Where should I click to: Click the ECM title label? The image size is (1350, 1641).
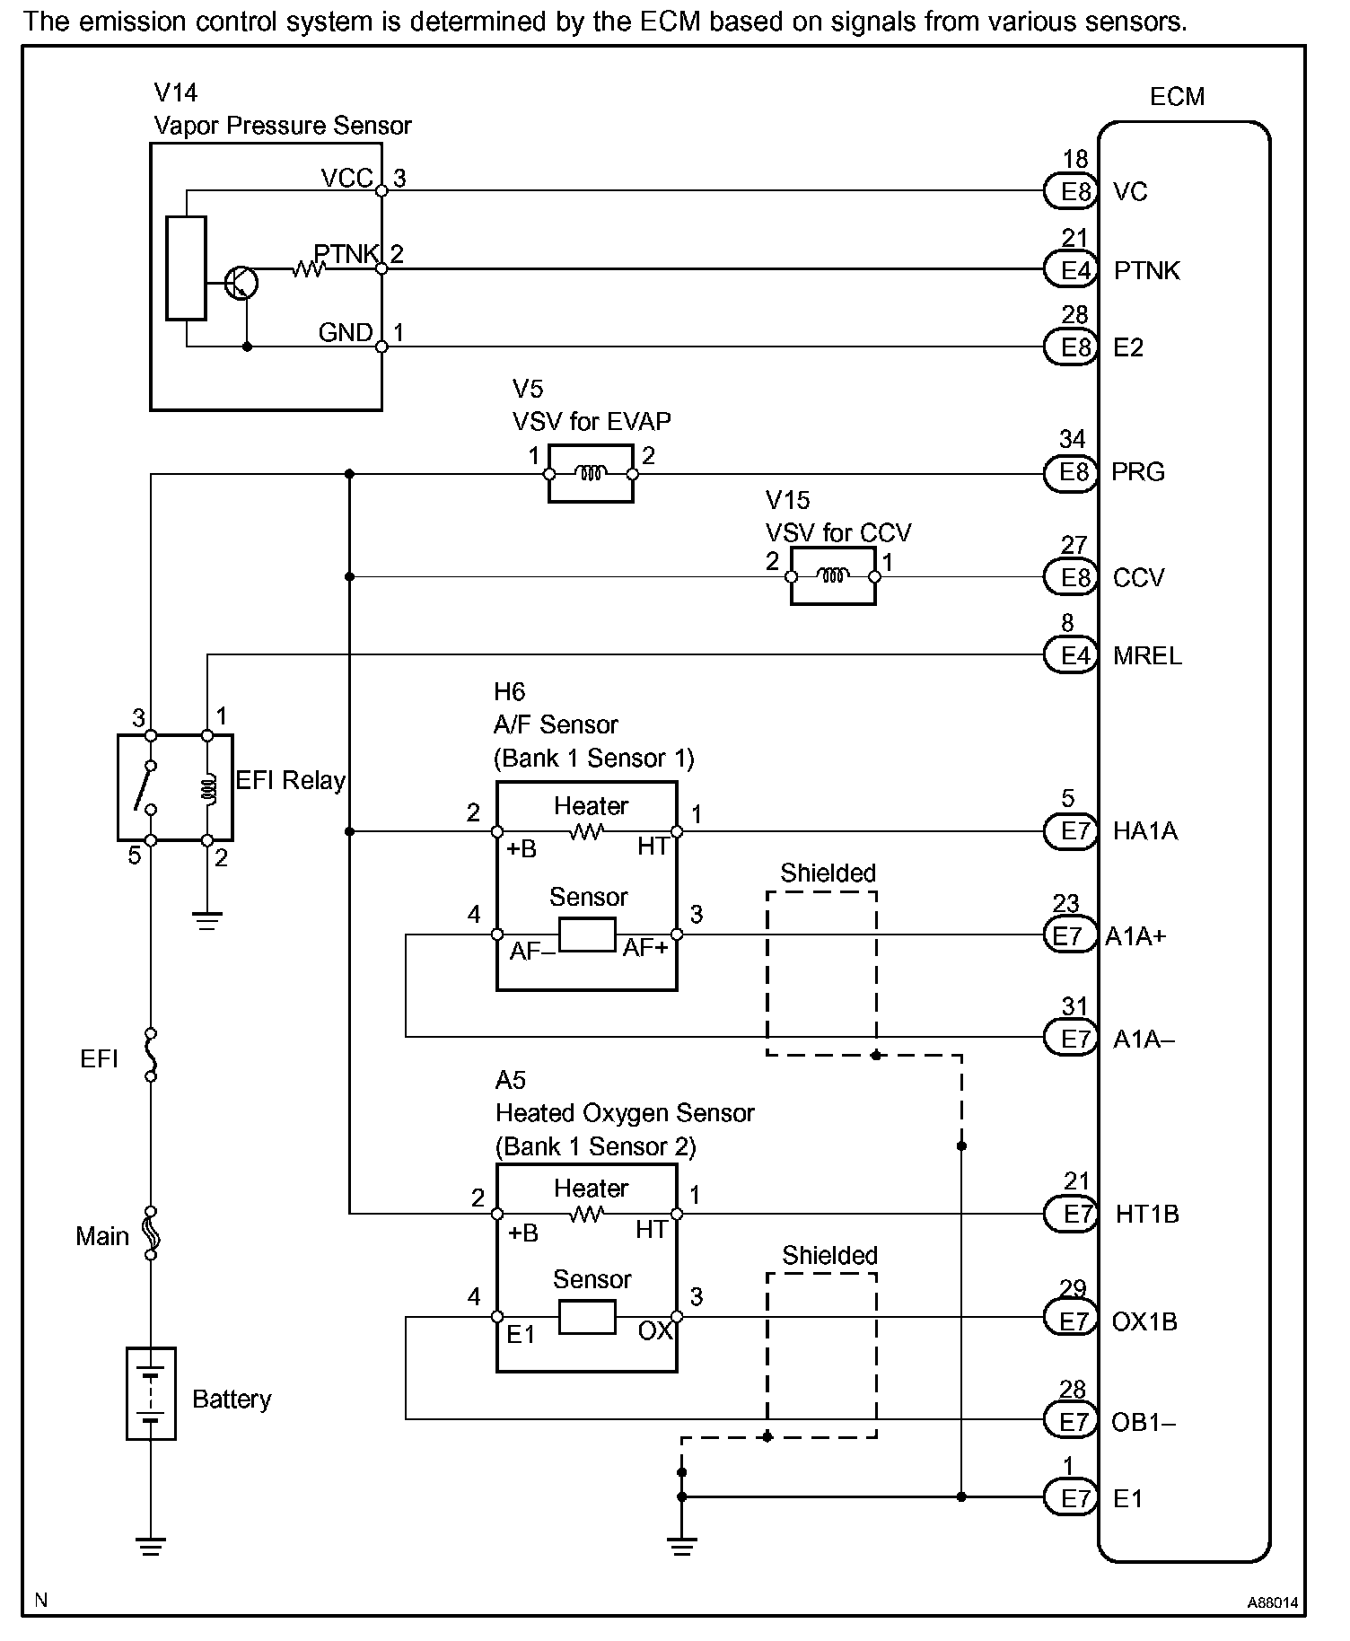1177,97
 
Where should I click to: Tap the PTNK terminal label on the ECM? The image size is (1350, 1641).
1146,270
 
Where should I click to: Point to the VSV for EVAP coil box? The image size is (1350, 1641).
591,473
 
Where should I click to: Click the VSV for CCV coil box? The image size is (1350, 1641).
833,576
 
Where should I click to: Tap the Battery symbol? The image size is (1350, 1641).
151,1393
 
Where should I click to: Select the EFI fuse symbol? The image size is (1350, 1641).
151,1056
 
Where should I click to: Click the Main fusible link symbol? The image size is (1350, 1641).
151,1233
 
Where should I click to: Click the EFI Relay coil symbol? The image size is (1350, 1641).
207,788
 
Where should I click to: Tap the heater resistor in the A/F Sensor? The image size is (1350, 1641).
587,832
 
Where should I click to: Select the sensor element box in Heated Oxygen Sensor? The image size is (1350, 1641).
587,1317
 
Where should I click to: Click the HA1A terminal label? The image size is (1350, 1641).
1144,831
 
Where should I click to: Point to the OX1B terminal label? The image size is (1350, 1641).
1144,1321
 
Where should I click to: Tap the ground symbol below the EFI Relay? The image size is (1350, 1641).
207,920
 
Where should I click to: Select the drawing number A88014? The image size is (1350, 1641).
1272,1602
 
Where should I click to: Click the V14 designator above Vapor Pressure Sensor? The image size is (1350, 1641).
175,92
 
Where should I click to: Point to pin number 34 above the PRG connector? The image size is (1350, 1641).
1073,439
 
